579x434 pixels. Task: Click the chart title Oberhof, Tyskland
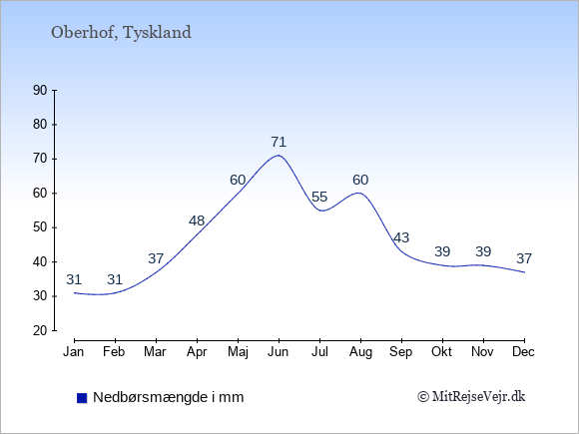121,33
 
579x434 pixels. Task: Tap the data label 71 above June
279,142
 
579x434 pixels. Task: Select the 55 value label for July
319,197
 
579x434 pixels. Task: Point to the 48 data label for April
197,220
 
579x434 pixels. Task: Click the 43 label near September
401,237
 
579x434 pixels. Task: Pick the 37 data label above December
524,258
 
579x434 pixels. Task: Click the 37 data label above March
156,258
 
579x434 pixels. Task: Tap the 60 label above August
360,180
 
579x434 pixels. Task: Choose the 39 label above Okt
442,251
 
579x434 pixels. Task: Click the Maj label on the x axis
238,352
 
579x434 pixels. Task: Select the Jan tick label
74,352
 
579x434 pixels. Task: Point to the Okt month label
441,352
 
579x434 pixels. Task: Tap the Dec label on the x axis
524,352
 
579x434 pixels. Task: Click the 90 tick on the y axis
40,91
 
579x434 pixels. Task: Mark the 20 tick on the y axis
40,330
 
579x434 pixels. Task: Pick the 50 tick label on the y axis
40,227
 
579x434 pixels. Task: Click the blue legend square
82,398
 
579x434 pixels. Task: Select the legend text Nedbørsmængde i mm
169,397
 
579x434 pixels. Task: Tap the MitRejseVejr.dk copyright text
471,397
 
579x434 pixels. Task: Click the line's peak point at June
279,156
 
